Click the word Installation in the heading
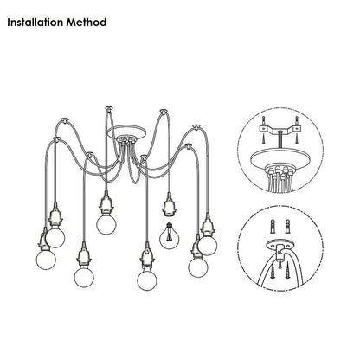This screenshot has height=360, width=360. click(x=35, y=22)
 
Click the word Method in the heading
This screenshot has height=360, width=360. click(x=87, y=22)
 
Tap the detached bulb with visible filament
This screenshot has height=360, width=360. click(x=170, y=235)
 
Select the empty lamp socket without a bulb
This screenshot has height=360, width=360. click(x=169, y=205)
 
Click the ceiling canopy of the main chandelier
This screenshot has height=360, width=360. click(x=126, y=132)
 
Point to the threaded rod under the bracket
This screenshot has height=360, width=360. click(x=280, y=141)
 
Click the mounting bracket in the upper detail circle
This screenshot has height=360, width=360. click(x=280, y=130)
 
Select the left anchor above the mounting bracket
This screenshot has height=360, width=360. click(x=263, y=120)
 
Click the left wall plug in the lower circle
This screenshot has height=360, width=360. click(x=273, y=227)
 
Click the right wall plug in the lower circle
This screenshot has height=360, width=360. click(x=287, y=227)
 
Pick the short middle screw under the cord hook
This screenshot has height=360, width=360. click(x=280, y=264)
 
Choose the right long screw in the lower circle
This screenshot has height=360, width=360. click(x=287, y=272)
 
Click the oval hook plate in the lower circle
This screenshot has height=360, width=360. click(x=279, y=245)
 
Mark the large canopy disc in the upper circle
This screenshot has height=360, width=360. click(x=280, y=157)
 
